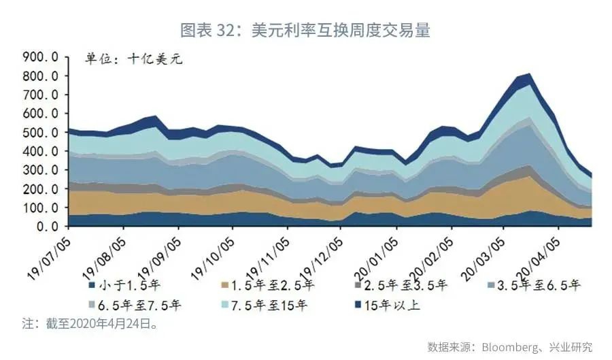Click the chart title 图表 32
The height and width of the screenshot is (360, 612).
[305, 31]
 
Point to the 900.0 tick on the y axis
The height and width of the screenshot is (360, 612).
[40, 56]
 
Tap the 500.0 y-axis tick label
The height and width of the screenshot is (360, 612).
[40, 132]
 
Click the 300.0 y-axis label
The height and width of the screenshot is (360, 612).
[40, 169]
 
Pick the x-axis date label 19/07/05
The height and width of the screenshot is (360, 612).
[49, 251]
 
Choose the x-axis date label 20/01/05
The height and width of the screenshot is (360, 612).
[377, 251]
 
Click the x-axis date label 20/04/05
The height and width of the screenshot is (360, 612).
[541, 251]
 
